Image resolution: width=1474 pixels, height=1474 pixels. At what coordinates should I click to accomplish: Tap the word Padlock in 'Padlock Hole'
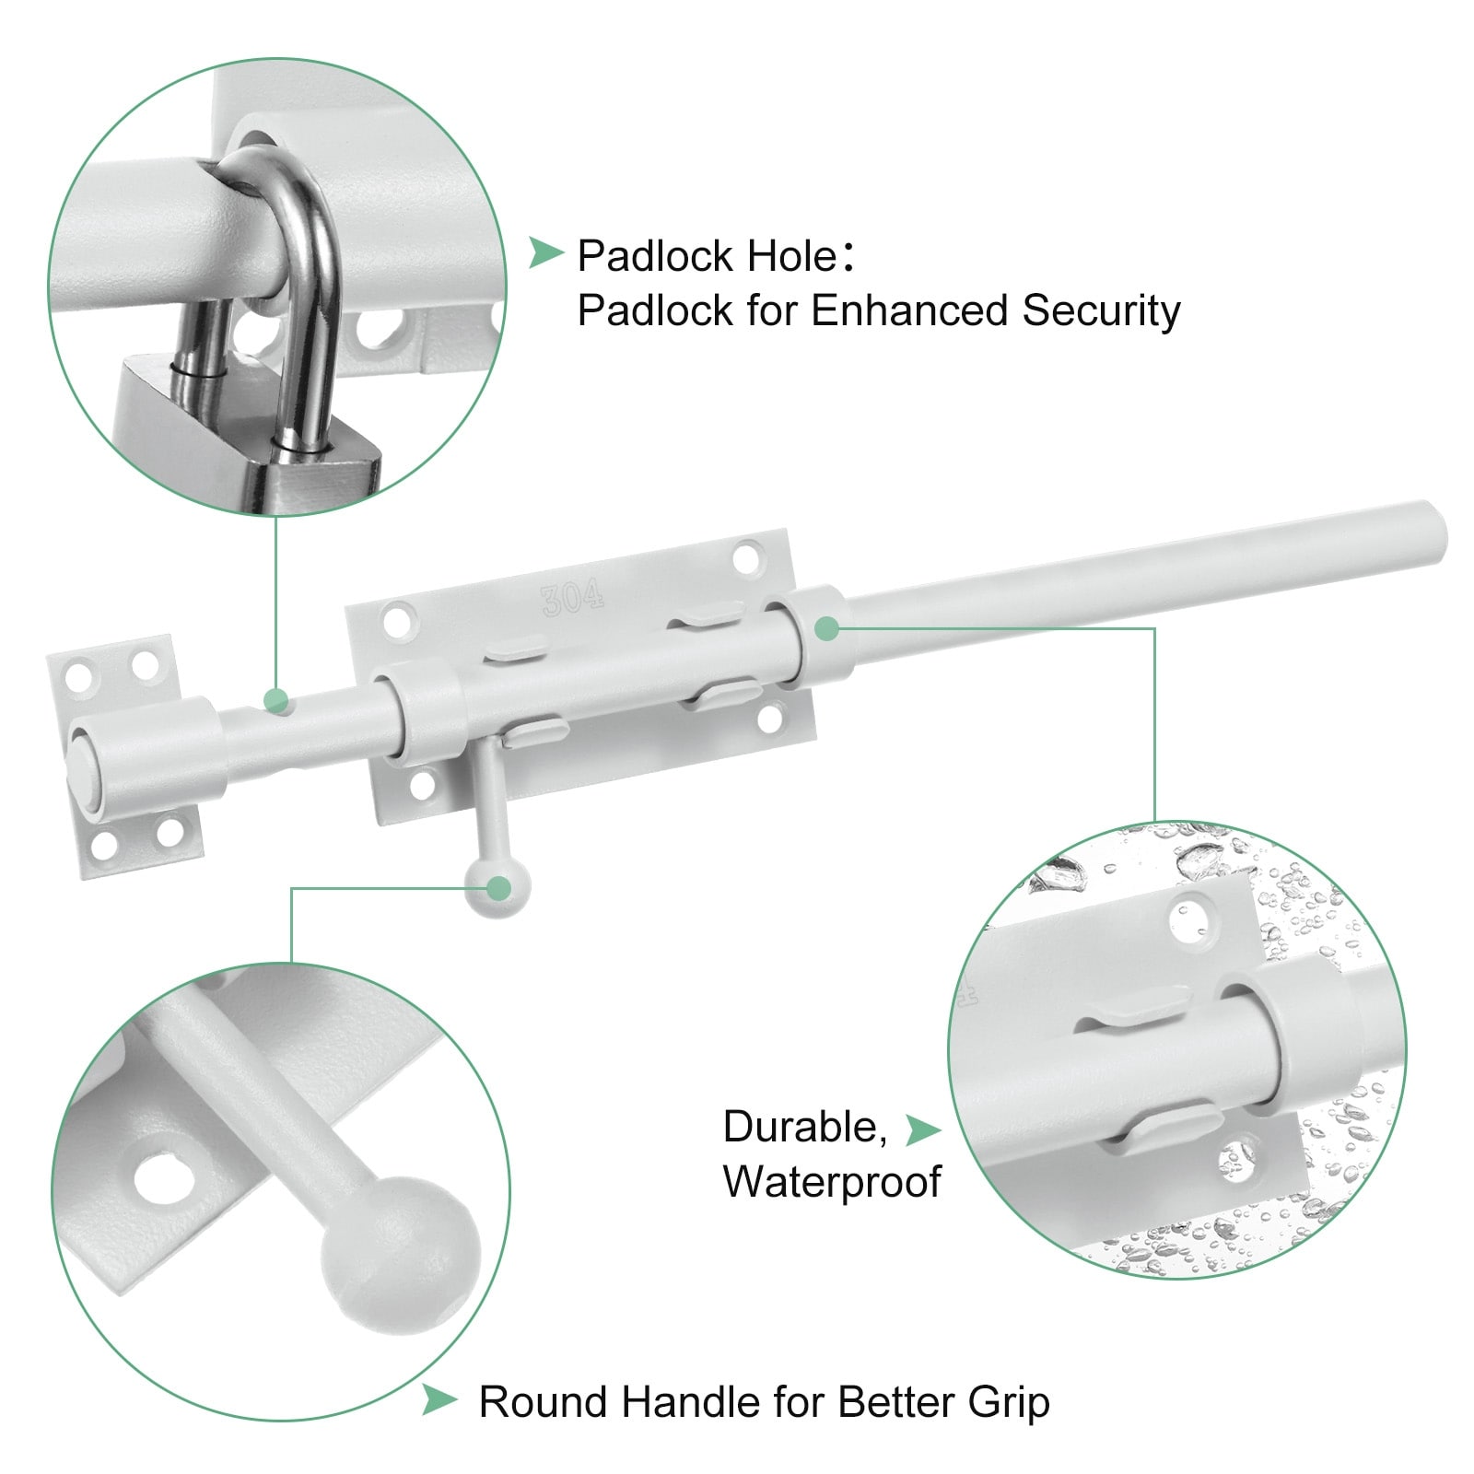tap(656, 256)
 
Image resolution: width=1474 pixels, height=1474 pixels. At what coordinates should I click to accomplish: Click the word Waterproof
tap(832, 1182)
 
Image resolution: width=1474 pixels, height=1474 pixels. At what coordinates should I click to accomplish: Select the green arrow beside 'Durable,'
tap(922, 1129)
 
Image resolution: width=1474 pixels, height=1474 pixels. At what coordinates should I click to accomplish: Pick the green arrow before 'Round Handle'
tap(439, 1401)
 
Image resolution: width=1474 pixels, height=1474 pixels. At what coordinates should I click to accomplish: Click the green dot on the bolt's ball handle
tap(498, 888)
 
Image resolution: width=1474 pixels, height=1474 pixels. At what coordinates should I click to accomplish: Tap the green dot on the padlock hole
tap(275, 700)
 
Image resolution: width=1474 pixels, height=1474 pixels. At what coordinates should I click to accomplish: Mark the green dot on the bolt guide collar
tap(826, 628)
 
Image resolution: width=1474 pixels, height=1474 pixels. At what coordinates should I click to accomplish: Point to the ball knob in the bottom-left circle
tap(401, 1247)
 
